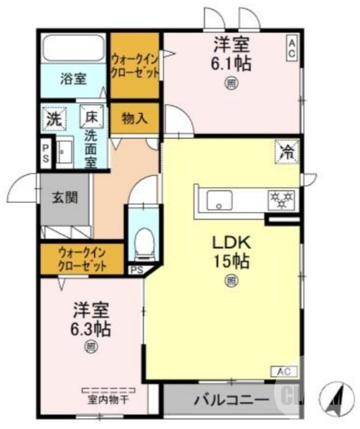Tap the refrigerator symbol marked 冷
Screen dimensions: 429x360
[287, 151]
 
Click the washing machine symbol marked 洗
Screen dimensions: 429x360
[53, 119]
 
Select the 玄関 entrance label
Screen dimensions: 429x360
[65, 197]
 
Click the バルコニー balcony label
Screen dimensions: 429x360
[232, 400]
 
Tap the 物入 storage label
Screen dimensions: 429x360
[134, 118]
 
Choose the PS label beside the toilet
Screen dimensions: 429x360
[136, 270]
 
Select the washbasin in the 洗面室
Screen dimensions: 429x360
[65, 151]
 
